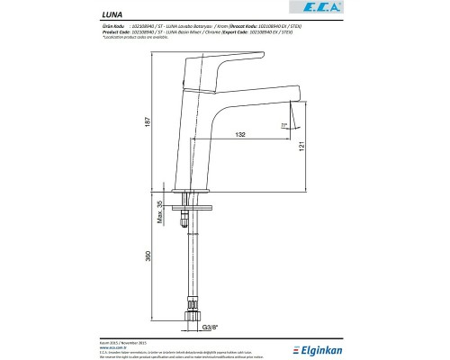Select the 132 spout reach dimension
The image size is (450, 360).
(x=240, y=134)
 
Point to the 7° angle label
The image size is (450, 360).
(x=283, y=124)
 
